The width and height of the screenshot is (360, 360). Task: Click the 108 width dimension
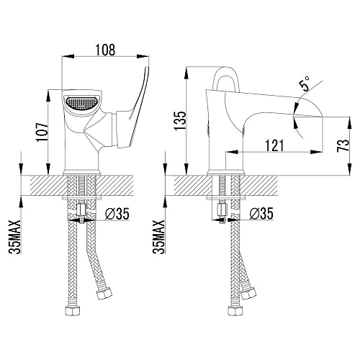click(x=105, y=50)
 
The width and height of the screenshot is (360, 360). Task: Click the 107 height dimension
click(x=42, y=132)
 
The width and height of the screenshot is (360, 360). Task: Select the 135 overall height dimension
click(x=180, y=120)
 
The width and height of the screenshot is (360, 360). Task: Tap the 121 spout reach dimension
click(x=274, y=145)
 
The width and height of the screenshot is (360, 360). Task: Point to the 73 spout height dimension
click(x=343, y=145)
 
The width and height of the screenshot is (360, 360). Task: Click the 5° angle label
click(x=305, y=84)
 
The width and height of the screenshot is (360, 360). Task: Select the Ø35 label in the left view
click(x=117, y=213)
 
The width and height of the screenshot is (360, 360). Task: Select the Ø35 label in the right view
click(x=261, y=213)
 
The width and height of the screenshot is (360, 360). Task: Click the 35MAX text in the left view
click(x=15, y=237)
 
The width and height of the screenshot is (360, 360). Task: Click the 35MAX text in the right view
click(x=159, y=237)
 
